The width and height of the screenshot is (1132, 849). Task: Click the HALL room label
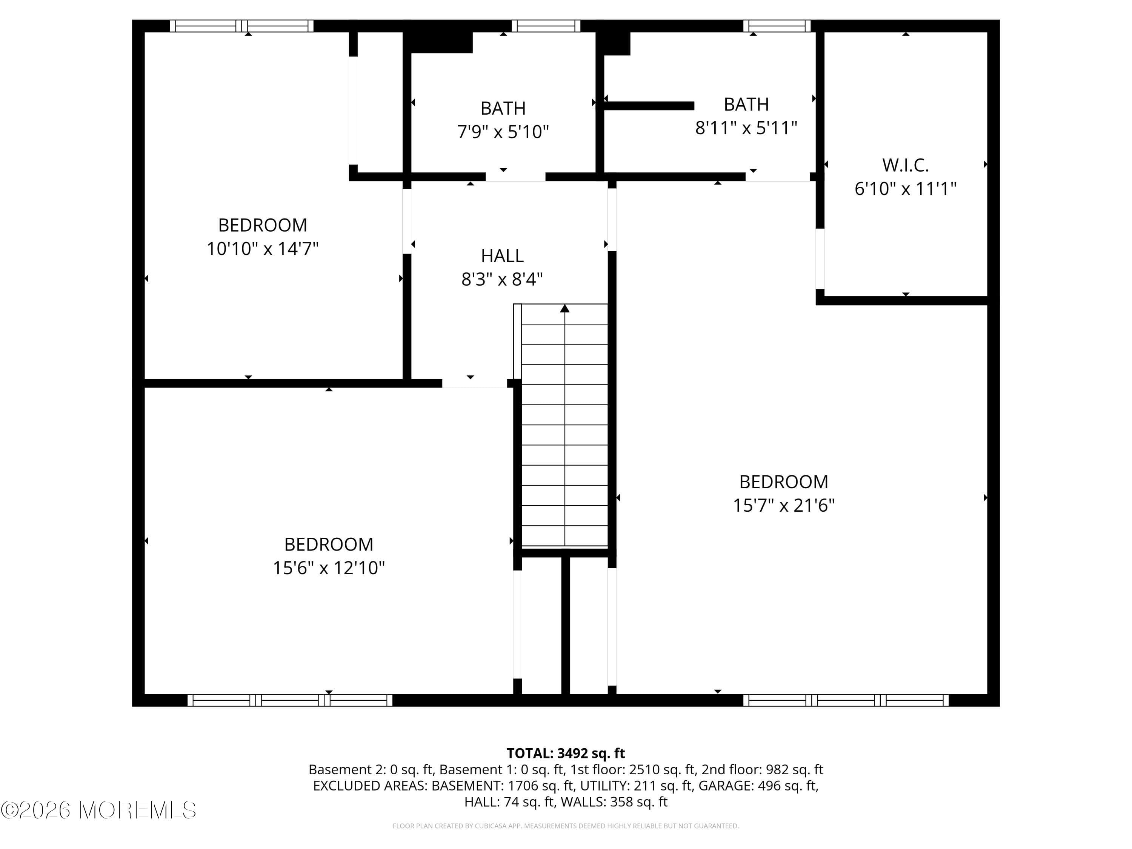pyautogui.click(x=502, y=255)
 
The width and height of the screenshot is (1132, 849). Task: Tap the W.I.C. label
pyautogui.click(x=905, y=165)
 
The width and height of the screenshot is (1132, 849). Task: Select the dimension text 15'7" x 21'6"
pyautogui.click(x=783, y=506)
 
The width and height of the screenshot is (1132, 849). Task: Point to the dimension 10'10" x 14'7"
pyautogui.click(x=263, y=249)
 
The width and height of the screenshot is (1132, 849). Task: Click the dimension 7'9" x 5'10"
pyautogui.click(x=503, y=132)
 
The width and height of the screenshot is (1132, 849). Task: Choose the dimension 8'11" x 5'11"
pyautogui.click(x=746, y=128)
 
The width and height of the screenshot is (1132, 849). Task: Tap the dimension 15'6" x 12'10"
pyautogui.click(x=329, y=568)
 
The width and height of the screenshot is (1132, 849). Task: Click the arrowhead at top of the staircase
pyautogui.click(x=564, y=308)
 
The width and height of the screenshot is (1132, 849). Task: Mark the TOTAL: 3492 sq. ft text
pyautogui.click(x=566, y=753)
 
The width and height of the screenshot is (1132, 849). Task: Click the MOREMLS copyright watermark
pyautogui.click(x=98, y=810)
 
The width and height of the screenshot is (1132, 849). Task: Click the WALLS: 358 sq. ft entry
pyautogui.click(x=614, y=802)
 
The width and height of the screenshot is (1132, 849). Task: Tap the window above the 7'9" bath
pyautogui.click(x=546, y=26)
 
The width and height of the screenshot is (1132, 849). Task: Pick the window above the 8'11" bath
pyautogui.click(x=776, y=26)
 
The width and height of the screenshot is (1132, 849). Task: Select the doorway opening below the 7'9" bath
pyautogui.click(x=515, y=177)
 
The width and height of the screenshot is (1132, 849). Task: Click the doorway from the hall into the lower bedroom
pyautogui.click(x=474, y=384)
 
